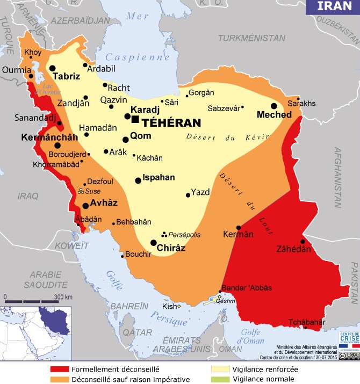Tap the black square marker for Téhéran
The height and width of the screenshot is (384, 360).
135,119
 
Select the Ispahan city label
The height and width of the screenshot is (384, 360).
159,178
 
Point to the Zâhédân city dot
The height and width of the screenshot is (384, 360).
303,241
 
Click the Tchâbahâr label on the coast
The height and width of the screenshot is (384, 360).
307,322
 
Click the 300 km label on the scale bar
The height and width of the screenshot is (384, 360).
62,297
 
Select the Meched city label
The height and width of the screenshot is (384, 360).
274,114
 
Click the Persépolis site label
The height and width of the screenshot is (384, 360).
184,235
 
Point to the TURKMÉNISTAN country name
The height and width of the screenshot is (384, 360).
251,38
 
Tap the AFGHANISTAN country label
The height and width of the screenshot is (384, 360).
339,177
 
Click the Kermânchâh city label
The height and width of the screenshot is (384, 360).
49,137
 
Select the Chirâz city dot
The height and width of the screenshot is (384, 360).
154,243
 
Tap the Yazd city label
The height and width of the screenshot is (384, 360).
200,191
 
